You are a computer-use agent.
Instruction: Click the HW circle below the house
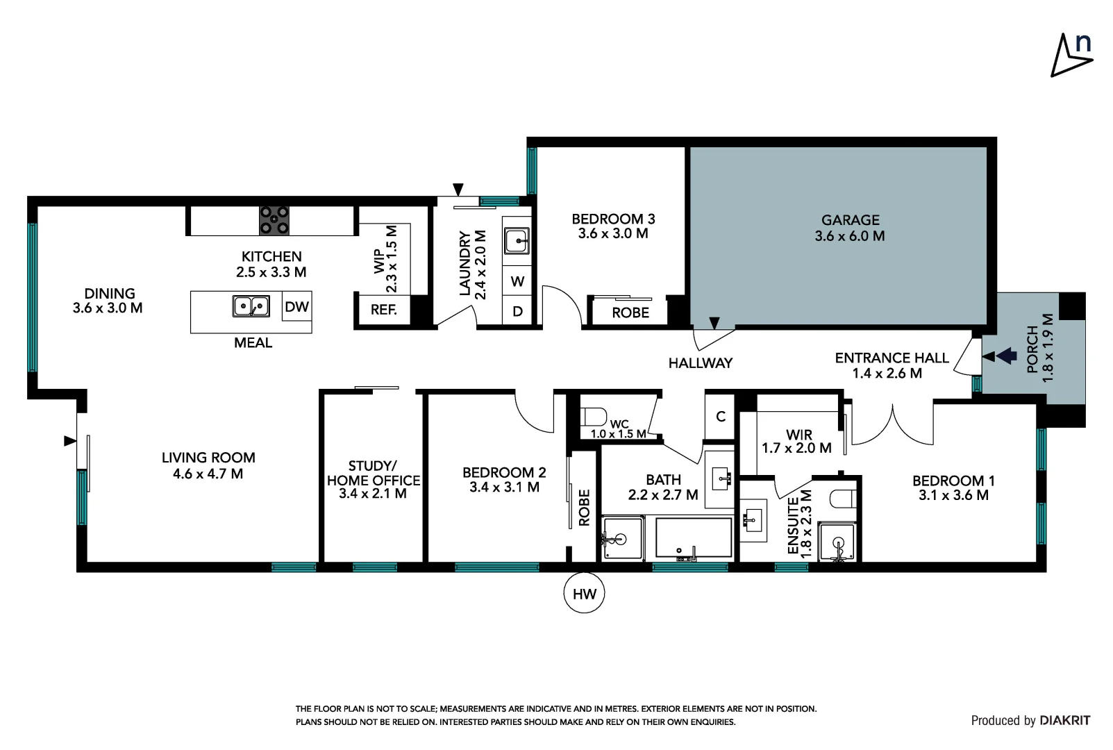tap(584, 594)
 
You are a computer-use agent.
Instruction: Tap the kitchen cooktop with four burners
tap(274, 221)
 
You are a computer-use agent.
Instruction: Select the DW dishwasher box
tap(296, 307)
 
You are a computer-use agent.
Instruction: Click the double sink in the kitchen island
tap(251, 306)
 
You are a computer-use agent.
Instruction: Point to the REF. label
tap(383, 310)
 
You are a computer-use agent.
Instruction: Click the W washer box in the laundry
tap(517, 281)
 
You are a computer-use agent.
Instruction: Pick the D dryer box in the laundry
tap(517, 312)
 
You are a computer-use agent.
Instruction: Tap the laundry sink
tap(517, 242)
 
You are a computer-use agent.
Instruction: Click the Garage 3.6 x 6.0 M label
tap(850, 228)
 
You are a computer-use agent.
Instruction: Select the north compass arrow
tap(1071, 56)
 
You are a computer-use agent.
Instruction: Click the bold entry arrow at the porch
tap(1006, 356)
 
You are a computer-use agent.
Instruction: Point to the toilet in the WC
tap(592, 417)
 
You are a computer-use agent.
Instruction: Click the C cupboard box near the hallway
tap(721, 417)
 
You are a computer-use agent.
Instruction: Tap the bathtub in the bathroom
tap(694, 538)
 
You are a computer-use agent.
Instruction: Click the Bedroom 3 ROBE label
tap(630, 313)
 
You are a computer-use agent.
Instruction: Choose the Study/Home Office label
tap(373, 479)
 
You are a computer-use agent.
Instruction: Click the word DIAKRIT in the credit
tap(1064, 721)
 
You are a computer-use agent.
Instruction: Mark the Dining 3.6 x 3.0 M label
tap(108, 301)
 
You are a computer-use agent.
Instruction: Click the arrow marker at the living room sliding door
tap(69, 440)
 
